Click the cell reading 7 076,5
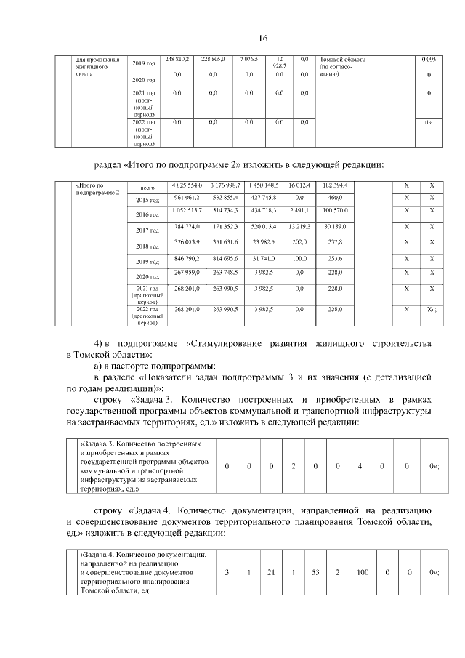click(x=248, y=58)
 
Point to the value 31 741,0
click(x=259, y=257)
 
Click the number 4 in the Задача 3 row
click(x=360, y=466)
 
